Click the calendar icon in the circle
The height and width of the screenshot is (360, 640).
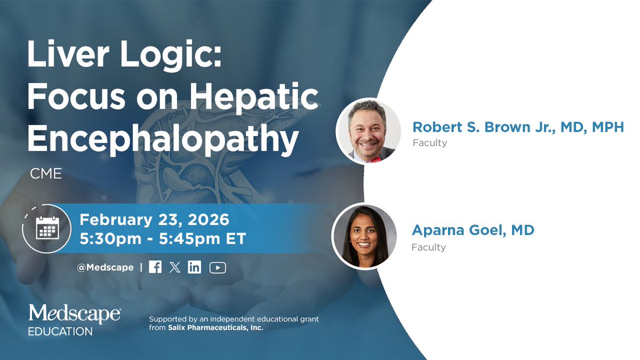coord(47,229)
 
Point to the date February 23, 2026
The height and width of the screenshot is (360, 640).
coord(154,220)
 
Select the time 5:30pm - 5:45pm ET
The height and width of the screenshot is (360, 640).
coord(163,238)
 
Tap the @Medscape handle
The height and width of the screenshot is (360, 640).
coord(105,267)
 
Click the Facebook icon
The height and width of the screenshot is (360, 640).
coord(155,267)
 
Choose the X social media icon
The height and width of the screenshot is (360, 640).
coord(175,267)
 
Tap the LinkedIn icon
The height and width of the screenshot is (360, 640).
coord(195,267)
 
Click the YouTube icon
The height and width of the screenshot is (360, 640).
coord(218,267)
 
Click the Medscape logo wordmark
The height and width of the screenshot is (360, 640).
coord(74,314)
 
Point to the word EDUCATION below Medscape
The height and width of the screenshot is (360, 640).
coord(60,331)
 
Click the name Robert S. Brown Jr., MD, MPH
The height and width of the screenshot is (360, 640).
coord(517,127)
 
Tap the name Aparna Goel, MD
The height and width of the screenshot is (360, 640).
coord(473,230)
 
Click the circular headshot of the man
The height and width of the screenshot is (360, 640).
coord(369,130)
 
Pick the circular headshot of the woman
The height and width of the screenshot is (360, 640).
coord(364,235)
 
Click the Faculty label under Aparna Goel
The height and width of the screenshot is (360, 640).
coord(428,247)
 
